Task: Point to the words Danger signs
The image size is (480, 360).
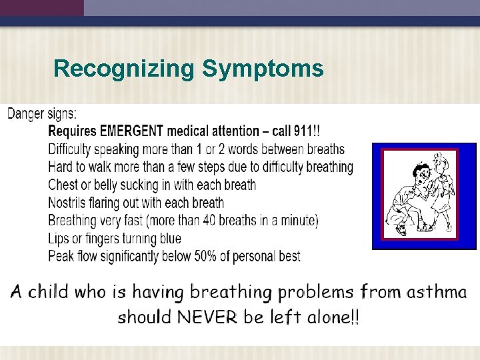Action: pos(42,113)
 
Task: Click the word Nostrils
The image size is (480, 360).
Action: pos(70,203)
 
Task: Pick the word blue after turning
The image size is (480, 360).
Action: pos(167,238)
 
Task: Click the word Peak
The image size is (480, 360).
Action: pos(62,256)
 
